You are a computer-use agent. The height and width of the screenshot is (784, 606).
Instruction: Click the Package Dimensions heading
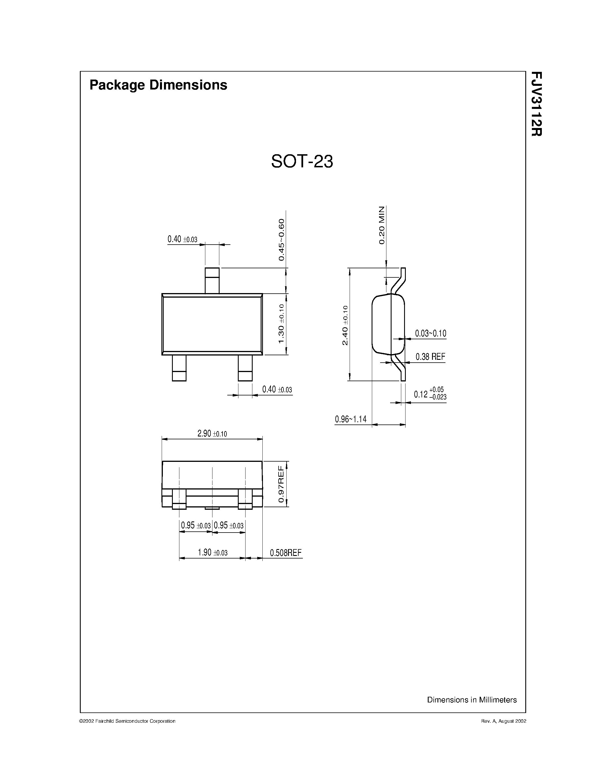coord(158,85)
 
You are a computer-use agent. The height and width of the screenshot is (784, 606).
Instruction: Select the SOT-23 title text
coord(302,162)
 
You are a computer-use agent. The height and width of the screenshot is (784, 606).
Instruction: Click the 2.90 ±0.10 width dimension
coord(212,434)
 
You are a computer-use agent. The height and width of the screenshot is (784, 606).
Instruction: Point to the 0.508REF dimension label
coord(286,553)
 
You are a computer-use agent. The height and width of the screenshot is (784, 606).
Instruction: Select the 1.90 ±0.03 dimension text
coord(212,553)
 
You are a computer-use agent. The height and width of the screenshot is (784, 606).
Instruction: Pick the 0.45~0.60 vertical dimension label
coord(281,239)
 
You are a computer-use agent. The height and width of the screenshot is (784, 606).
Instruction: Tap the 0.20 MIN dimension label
coord(382,225)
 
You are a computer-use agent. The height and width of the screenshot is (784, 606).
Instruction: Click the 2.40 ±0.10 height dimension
coord(345,325)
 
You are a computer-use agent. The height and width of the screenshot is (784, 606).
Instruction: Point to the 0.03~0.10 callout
coord(430,334)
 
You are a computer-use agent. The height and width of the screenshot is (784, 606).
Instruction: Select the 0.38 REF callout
coord(430,357)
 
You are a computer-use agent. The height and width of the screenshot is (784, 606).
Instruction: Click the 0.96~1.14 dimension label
coord(351,419)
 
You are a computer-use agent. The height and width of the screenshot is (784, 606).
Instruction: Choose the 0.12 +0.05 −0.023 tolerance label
coord(430,394)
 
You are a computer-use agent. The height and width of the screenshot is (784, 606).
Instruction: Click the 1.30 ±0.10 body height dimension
coord(281,324)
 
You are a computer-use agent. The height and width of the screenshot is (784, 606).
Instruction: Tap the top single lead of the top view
coord(212,281)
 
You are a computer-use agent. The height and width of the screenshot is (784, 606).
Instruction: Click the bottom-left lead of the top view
coord(179,368)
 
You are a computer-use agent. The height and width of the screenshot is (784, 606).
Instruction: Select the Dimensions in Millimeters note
coord(471,700)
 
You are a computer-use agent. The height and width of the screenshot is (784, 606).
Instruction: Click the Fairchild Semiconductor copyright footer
coord(127,721)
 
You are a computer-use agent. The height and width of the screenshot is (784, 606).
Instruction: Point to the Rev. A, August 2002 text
coord(503,721)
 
